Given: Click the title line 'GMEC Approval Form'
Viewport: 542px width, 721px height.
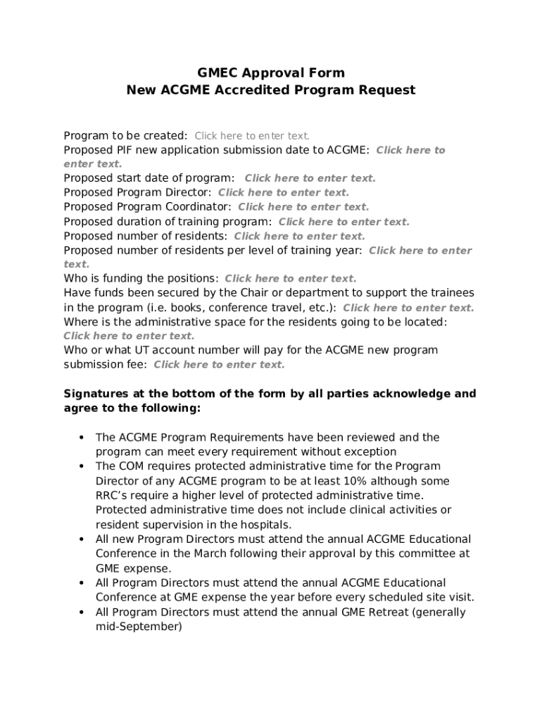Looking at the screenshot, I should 271,73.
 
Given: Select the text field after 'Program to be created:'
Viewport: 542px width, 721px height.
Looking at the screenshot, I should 252,136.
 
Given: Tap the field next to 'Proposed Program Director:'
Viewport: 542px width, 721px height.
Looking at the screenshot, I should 283,192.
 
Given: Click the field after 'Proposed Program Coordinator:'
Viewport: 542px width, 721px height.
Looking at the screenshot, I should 303,207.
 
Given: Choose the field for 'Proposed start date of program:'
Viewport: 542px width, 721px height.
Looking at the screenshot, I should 310,178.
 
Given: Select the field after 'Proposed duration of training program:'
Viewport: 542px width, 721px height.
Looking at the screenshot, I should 344,222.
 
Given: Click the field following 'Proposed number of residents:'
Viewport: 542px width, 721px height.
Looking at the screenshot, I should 299,236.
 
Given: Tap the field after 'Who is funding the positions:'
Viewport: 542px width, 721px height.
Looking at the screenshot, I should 290,279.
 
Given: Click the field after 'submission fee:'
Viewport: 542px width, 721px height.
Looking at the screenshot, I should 219,365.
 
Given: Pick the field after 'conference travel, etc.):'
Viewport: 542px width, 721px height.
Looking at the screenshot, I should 408,308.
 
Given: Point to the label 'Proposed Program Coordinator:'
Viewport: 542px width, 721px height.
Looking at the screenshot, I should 147,207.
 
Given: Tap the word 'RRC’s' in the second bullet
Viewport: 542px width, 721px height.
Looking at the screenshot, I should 111,496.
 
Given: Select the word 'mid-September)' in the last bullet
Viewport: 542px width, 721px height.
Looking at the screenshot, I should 139,626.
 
